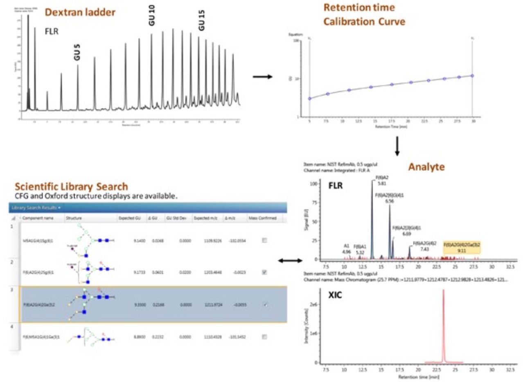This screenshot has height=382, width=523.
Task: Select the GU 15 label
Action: [201, 20]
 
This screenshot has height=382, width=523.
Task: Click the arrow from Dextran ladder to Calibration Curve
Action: [262, 76]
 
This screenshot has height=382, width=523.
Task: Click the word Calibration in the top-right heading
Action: [347, 22]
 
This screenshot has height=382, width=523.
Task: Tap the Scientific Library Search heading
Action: [72, 186]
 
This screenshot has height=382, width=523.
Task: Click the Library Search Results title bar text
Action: [35, 208]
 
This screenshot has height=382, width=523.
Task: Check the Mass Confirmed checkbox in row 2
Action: [264, 272]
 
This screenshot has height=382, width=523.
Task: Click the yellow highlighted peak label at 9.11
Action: [462, 248]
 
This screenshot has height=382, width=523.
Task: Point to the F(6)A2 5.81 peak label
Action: [382, 181]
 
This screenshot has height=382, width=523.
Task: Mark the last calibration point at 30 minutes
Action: [472, 76]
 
